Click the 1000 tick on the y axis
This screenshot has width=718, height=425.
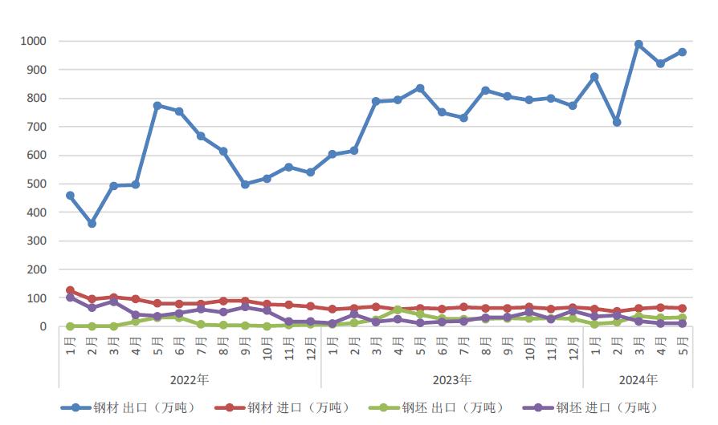tap(35, 41)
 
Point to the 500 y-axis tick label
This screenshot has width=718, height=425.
tap(38, 184)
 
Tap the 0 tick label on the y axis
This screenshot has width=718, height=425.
tap(45, 326)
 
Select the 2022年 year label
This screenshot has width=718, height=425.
tap(190, 379)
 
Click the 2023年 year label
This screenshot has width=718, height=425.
tap(452, 379)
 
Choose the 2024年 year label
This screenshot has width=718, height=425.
tap(638, 379)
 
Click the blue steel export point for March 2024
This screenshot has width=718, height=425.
tap(639, 45)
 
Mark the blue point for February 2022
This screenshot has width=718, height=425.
tap(92, 224)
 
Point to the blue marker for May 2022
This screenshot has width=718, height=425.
tap(157, 105)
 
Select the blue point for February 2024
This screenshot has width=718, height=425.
tap(617, 122)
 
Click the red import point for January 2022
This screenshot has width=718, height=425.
tap(71, 290)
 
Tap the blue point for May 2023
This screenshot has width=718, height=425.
tap(420, 88)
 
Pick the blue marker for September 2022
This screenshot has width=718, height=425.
tap(245, 184)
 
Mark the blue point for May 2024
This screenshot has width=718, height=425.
tap(683, 52)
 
